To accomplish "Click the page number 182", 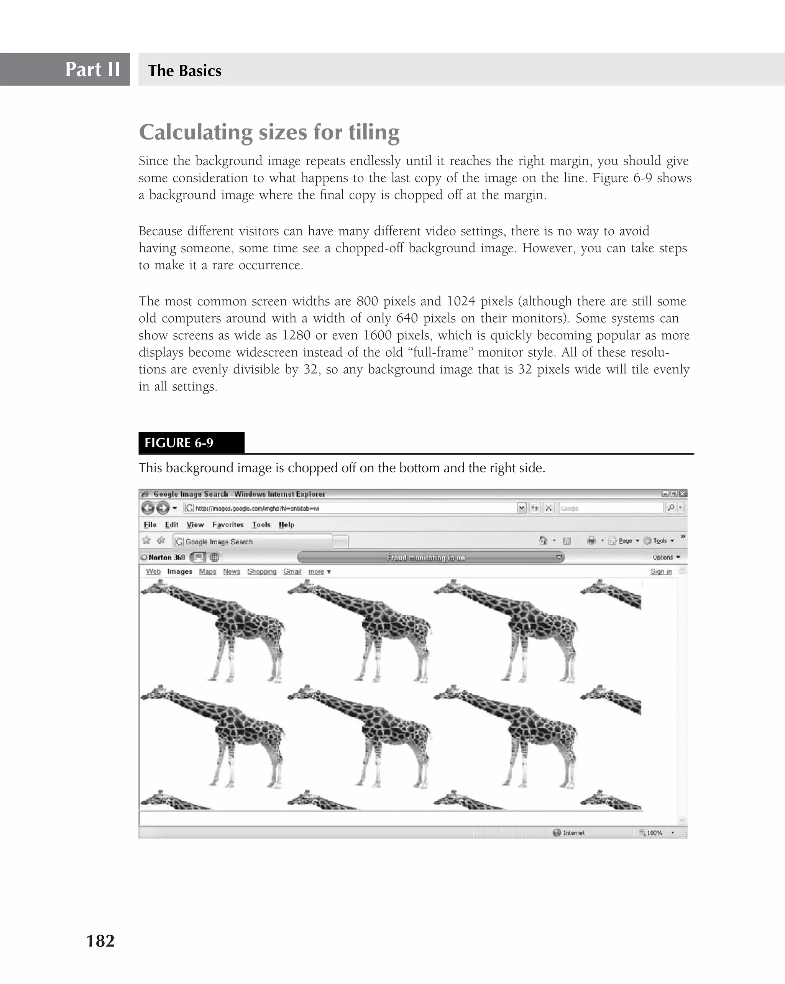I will pyautogui.click(x=100, y=941).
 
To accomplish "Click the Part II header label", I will pyautogui.click(x=93, y=69).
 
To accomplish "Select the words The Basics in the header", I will pyautogui.click(x=185, y=71).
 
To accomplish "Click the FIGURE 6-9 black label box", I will pyautogui.click(x=191, y=443).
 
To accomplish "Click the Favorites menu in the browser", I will pyautogui.click(x=228, y=525).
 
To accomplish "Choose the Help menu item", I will pyautogui.click(x=286, y=525).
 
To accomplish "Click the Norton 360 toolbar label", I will pyautogui.click(x=166, y=557).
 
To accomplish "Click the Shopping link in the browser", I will pyautogui.click(x=261, y=571).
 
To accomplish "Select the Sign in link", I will pyautogui.click(x=660, y=571).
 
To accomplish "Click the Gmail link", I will pyautogui.click(x=292, y=571).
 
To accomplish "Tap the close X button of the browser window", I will pyautogui.click(x=682, y=494).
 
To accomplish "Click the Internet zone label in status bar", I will pyautogui.click(x=573, y=833).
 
